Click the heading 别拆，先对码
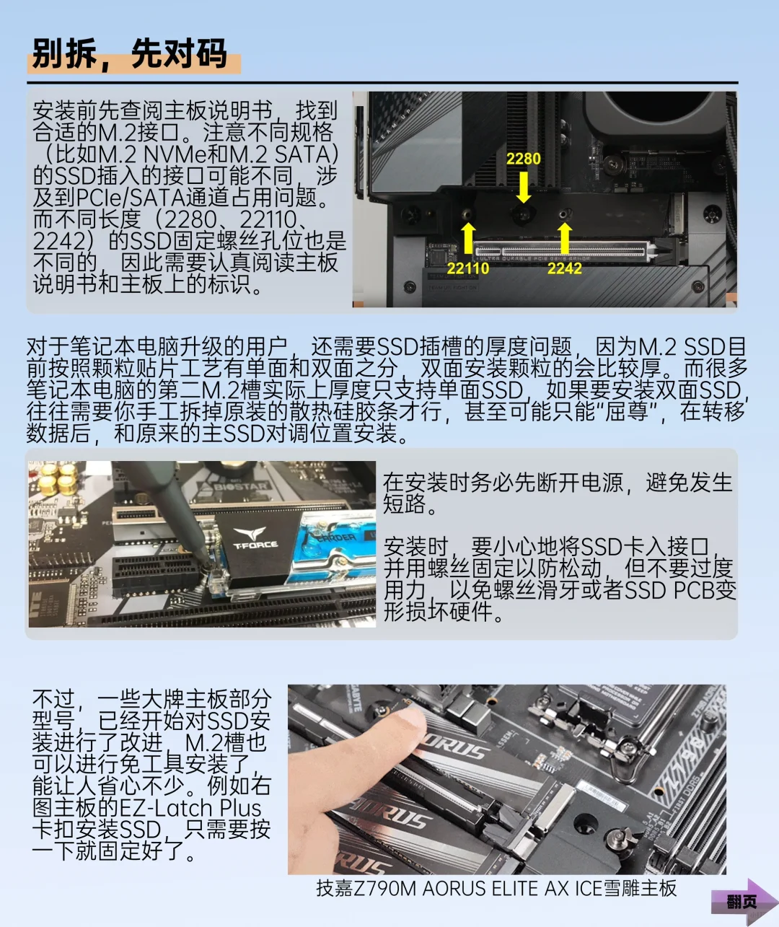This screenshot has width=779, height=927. click(130, 54)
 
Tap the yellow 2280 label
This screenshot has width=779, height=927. click(523, 159)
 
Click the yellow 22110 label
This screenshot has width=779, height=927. click(467, 268)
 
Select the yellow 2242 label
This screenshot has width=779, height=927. click(564, 268)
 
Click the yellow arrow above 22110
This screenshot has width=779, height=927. click(468, 238)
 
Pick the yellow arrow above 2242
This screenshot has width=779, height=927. click(565, 238)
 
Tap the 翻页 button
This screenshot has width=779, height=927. click(743, 901)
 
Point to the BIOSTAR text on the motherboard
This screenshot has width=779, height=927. click(242, 486)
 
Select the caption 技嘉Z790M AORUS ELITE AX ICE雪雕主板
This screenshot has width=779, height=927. click(496, 888)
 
